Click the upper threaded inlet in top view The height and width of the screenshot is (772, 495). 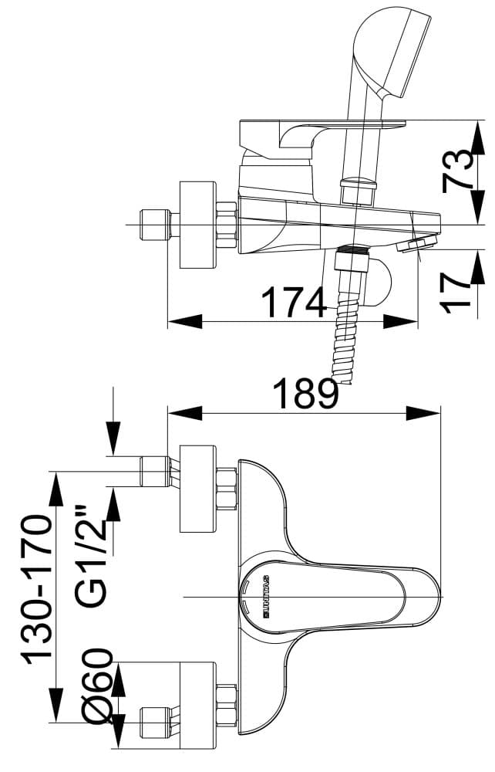point(154,471)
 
